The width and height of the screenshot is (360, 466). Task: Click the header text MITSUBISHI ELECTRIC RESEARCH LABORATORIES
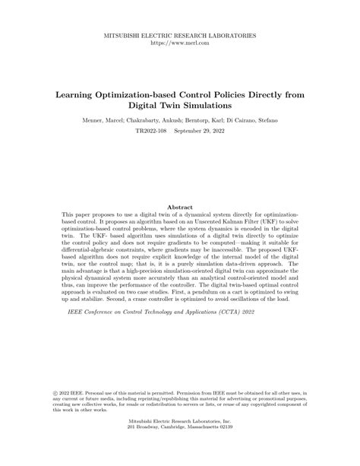point(180,36)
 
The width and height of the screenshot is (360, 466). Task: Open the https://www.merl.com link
point(180,43)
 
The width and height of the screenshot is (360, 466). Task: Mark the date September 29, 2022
point(200,132)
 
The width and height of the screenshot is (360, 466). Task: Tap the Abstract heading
point(180,207)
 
